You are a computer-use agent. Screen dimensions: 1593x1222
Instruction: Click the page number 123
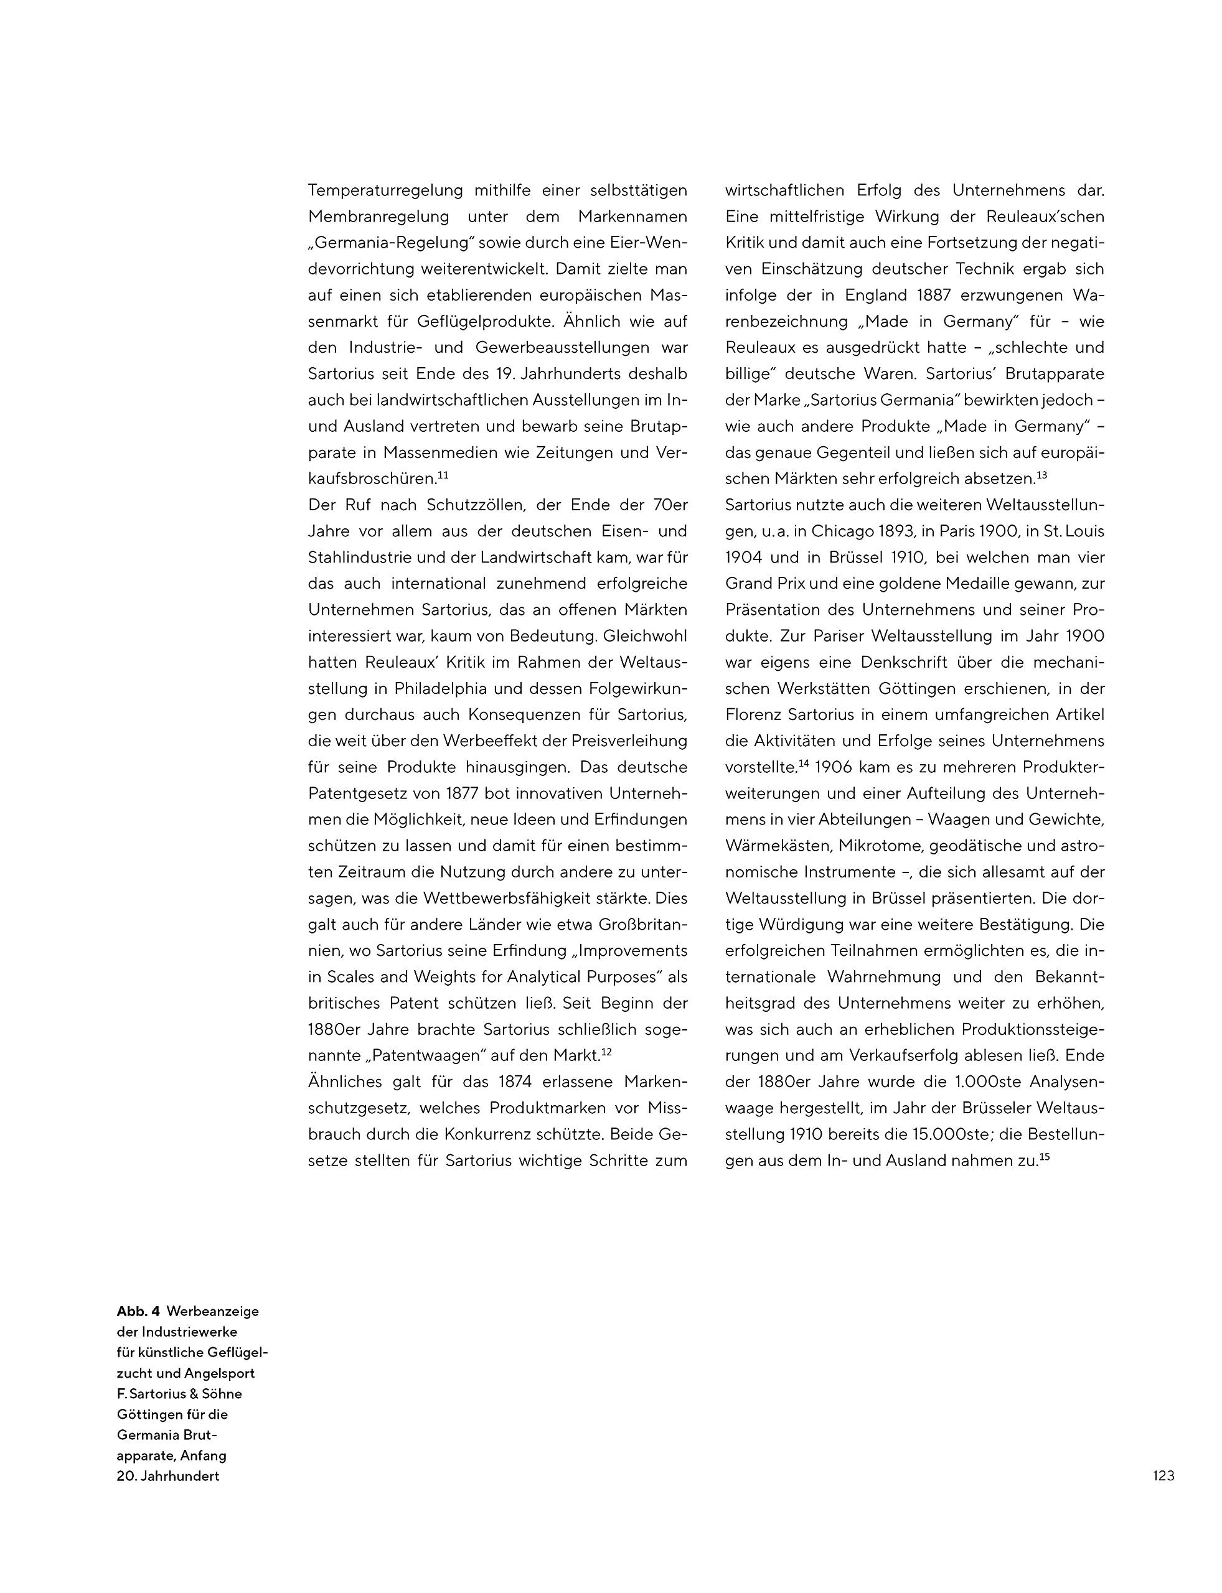pyautogui.click(x=1163, y=1475)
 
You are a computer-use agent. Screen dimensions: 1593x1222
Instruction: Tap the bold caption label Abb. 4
pyautogui.click(x=138, y=1311)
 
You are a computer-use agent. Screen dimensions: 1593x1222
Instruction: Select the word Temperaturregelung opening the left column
pyautogui.click(x=385, y=190)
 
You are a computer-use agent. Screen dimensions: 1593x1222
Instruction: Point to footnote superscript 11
pyautogui.click(x=443, y=475)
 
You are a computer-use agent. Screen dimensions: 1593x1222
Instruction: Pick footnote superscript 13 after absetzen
pyautogui.click(x=1041, y=475)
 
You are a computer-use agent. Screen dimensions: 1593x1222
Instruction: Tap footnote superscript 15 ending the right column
pyautogui.click(x=1045, y=1156)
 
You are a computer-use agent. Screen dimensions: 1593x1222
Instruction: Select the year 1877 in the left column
pyautogui.click(x=466, y=793)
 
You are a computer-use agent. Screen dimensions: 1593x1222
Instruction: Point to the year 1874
pyautogui.click(x=519, y=1081)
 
